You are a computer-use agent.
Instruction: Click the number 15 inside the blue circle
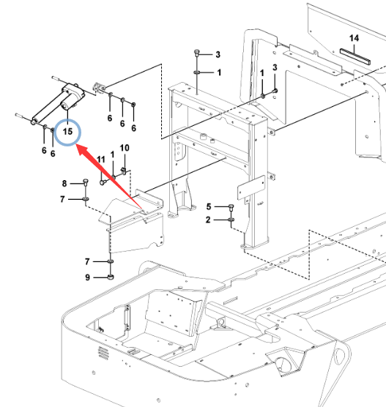[67, 131]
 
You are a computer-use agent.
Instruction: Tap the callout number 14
[354, 38]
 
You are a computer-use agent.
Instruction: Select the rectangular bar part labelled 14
[355, 56]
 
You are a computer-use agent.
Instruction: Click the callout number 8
[64, 184]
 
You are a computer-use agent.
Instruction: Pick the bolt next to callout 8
[86, 182]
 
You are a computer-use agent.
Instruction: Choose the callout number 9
[88, 277]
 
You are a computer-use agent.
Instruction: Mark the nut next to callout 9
[111, 277]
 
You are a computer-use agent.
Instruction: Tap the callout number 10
[125, 148]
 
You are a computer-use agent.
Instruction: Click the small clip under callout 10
[125, 171]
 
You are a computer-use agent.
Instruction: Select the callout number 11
[101, 160]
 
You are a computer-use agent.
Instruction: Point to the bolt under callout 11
[102, 182]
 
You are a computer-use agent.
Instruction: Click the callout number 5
[209, 206]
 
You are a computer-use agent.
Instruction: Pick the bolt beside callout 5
[231, 206]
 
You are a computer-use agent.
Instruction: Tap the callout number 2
[208, 220]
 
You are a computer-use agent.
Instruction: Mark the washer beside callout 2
[231, 220]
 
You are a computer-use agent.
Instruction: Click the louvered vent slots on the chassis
[103, 354]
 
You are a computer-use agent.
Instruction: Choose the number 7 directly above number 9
[87, 261]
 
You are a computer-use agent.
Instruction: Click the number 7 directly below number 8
[62, 199]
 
